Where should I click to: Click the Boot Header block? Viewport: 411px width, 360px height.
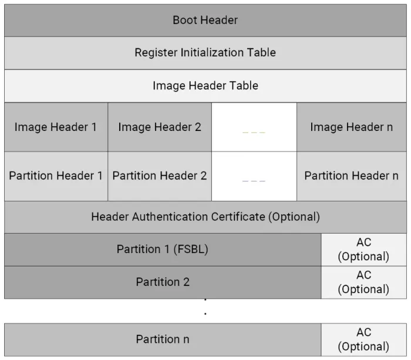206,20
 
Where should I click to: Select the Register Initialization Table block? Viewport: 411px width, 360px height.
206,53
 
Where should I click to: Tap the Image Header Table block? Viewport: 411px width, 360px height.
206,86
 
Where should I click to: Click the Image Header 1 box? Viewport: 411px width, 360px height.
56,127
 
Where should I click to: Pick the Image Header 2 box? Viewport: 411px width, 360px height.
160,127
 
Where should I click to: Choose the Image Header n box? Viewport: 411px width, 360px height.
352,127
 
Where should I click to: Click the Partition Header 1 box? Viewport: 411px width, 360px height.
56,176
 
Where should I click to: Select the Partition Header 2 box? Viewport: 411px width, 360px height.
160,176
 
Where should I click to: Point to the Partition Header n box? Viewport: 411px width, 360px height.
352,176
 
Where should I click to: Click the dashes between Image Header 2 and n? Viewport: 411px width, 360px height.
254,132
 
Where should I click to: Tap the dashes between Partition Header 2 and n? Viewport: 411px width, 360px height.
254,181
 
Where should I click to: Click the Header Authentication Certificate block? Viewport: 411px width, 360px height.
206,217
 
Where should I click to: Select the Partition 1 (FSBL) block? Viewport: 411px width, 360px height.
163,250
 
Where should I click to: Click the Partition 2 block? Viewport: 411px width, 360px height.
163,282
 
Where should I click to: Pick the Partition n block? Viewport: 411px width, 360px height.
163,339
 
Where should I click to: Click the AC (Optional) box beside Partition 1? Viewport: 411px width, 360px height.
364,250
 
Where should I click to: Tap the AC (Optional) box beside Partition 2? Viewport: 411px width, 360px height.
364,282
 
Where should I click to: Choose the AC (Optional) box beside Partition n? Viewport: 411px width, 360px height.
364,339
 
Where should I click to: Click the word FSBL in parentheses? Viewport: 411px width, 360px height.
191,249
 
